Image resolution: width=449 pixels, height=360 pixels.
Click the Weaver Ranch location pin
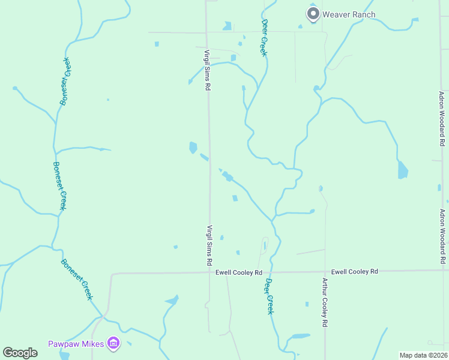312,13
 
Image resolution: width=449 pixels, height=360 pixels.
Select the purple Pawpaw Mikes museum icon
113,344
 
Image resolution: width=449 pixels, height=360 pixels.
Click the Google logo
20,353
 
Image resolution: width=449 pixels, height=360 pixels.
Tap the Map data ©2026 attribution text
423,355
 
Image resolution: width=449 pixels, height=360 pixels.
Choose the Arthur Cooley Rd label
324,302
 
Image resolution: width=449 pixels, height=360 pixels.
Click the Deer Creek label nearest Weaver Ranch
264,37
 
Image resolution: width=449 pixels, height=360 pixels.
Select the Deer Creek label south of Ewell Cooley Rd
270,296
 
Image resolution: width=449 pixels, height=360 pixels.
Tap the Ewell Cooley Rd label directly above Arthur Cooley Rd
354,272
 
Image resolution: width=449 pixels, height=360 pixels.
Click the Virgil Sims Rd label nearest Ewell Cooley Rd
209,245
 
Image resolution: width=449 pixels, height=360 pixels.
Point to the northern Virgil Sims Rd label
206,70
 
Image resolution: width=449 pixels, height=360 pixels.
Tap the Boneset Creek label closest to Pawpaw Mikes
77,279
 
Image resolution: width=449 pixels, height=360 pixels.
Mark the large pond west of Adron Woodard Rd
402,170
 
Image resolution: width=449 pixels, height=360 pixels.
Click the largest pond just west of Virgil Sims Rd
193,147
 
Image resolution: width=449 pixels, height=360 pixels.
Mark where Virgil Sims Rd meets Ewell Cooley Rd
209,273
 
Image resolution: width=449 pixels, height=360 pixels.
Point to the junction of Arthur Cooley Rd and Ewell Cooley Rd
325,272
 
